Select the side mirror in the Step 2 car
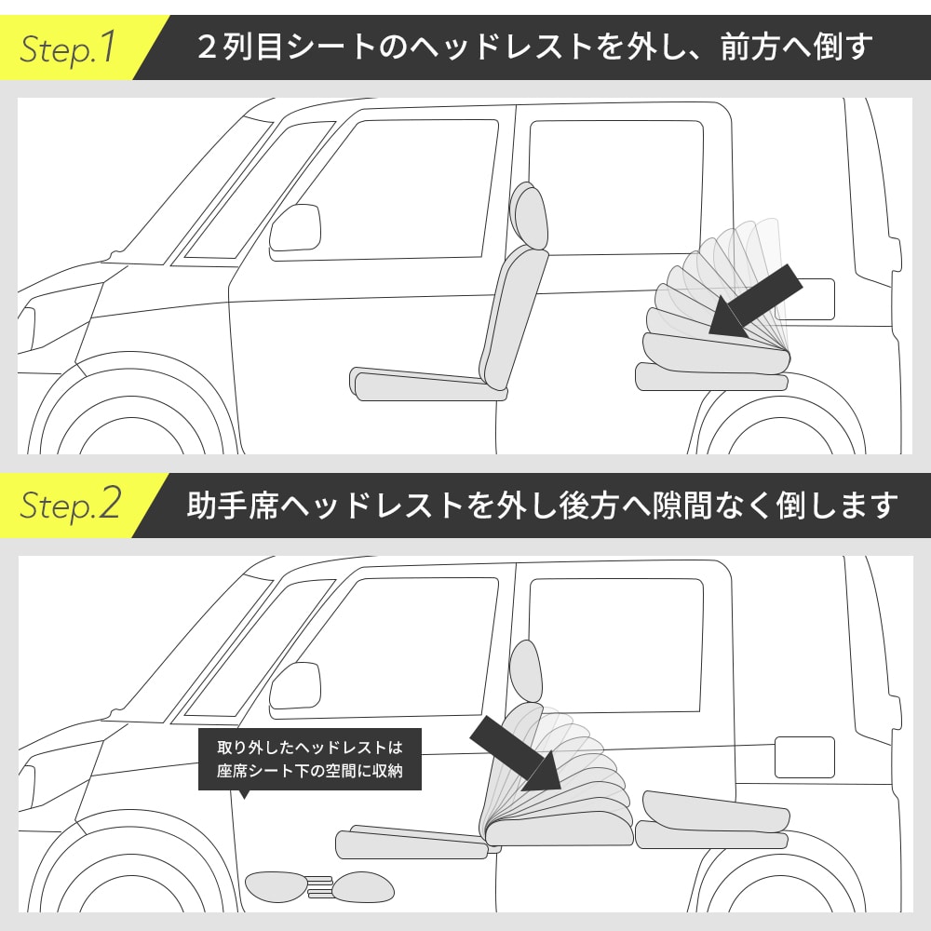point(295,686)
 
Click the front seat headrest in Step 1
point(530,215)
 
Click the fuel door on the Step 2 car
point(804,757)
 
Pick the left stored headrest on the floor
point(276,886)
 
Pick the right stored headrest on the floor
point(362,888)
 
